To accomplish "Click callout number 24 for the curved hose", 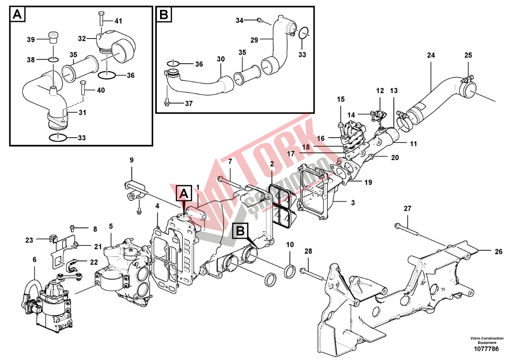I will click(x=431, y=56).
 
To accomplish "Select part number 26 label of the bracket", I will click(x=498, y=252).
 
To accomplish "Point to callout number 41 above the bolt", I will click(x=118, y=21).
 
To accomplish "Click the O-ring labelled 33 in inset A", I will click(x=59, y=137).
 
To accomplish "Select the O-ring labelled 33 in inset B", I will click(x=303, y=33).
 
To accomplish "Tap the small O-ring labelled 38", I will click(x=52, y=60).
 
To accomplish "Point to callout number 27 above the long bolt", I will click(x=407, y=208).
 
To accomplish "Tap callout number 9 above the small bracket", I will click(x=131, y=160).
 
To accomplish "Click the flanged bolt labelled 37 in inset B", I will click(x=167, y=103).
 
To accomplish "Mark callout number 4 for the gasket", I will click(x=157, y=206).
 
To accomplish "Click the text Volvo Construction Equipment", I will click(x=487, y=340).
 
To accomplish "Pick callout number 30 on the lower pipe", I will click(x=220, y=59).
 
